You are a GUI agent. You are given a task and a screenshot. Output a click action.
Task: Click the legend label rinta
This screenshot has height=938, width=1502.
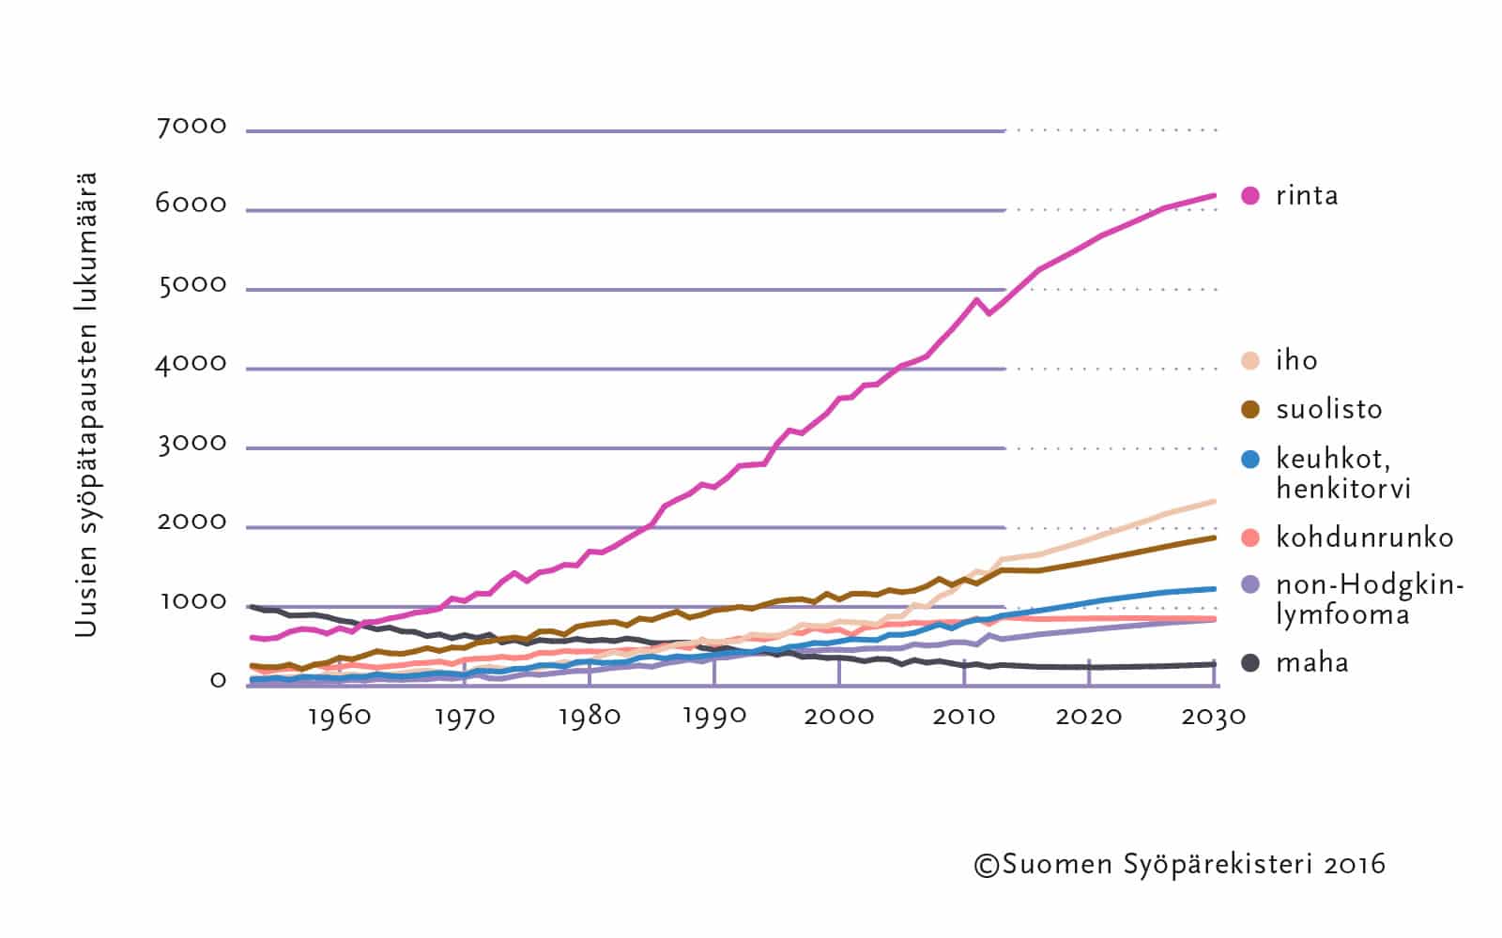click(1307, 196)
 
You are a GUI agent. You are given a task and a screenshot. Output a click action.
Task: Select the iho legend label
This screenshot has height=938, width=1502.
click(1296, 361)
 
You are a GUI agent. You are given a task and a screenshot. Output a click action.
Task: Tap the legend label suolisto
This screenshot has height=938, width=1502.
click(1328, 410)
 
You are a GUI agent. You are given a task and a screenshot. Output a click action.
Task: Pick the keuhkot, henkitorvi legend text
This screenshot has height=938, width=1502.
click(1343, 474)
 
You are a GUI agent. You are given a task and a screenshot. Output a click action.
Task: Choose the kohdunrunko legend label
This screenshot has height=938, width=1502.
click(1364, 537)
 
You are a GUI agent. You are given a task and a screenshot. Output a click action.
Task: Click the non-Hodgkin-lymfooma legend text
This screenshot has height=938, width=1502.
click(1369, 600)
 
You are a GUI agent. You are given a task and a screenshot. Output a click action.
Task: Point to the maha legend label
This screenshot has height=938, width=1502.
click(1311, 663)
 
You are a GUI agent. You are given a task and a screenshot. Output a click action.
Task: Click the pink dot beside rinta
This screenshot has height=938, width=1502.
click(1250, 196)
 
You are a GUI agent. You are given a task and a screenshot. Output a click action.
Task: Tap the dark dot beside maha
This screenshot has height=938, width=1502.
click(1250, 663)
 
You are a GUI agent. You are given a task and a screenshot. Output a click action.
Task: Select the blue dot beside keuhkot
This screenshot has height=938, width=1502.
click(1250, 460)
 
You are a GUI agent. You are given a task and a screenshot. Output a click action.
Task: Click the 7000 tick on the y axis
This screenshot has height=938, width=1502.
click(192, 127)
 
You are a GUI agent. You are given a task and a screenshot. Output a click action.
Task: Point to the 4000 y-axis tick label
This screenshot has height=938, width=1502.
click(192, 364)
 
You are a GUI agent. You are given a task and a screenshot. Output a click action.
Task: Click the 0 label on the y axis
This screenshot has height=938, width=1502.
click(218, 681)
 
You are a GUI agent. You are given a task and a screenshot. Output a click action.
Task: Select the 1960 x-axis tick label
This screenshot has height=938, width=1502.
click(339, 718)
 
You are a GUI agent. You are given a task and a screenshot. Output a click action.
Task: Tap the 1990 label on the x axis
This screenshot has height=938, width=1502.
click(714, 718)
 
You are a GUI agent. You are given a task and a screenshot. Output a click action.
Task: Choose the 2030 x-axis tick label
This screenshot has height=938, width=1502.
click(1214, 718)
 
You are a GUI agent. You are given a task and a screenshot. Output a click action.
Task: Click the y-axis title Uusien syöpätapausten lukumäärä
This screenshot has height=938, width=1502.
click(86, 404)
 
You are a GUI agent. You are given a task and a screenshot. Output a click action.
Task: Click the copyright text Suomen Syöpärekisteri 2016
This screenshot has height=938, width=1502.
click(1179, 865)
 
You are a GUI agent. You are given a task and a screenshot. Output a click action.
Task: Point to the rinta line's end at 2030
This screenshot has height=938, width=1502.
click(1216, 195)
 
